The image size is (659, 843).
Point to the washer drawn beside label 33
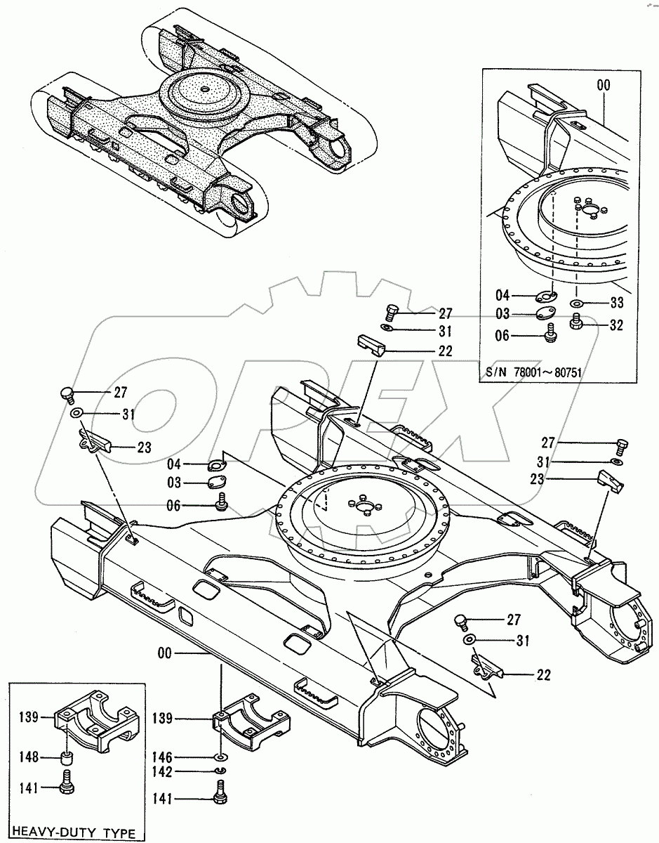point(576,303)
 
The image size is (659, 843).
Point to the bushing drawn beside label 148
point(67,759)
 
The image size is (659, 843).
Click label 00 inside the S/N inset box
point(603,85)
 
